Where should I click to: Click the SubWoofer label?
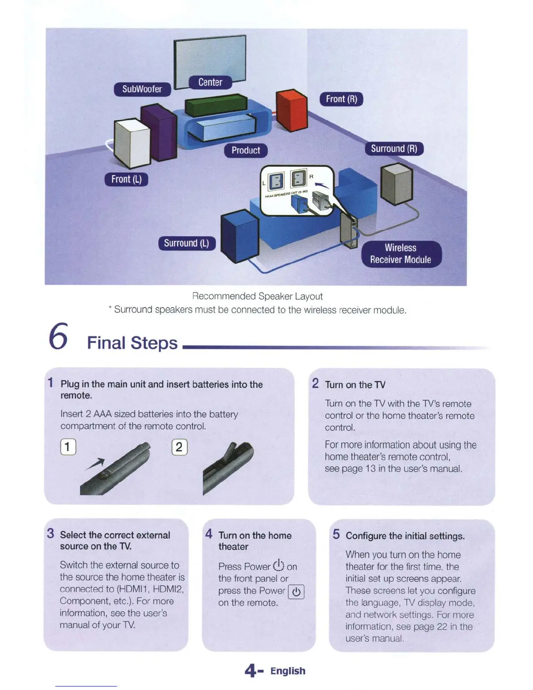[x=142, y=89]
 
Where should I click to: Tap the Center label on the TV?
[x=210, y=82]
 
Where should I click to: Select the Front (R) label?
[x=341, y=99]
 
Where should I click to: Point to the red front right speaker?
[x=292, y=110]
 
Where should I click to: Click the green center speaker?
[x=216, y=105]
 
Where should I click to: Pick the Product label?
[x=246, y=151]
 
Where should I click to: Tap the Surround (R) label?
[x=394, y=149]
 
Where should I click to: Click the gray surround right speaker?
[x=396, y=183]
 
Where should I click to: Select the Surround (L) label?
[x=186, y=243]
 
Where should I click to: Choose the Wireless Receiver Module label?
[x=401, y=254]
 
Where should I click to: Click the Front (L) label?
[x=126, y=179]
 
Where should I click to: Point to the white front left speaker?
[x=132, y=142]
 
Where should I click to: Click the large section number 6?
[x=58, y=337]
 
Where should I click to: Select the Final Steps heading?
[x=132, y=343]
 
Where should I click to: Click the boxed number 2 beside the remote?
[x=179, y=447]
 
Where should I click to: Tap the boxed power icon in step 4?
[x=296, y=592]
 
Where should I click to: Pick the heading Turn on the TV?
[x=355, y=385]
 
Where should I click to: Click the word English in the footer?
[x=287, y=671]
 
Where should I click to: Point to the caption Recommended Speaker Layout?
[x=257, y=296]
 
